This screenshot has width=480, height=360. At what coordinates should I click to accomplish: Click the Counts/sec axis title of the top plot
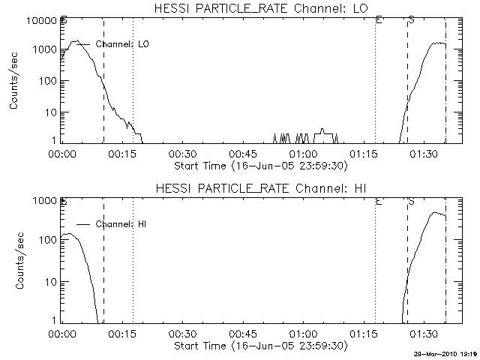point(14,81)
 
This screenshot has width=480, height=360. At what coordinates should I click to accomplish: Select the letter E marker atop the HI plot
point(379,201)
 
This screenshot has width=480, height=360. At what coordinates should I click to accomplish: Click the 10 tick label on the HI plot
point(50,282)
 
